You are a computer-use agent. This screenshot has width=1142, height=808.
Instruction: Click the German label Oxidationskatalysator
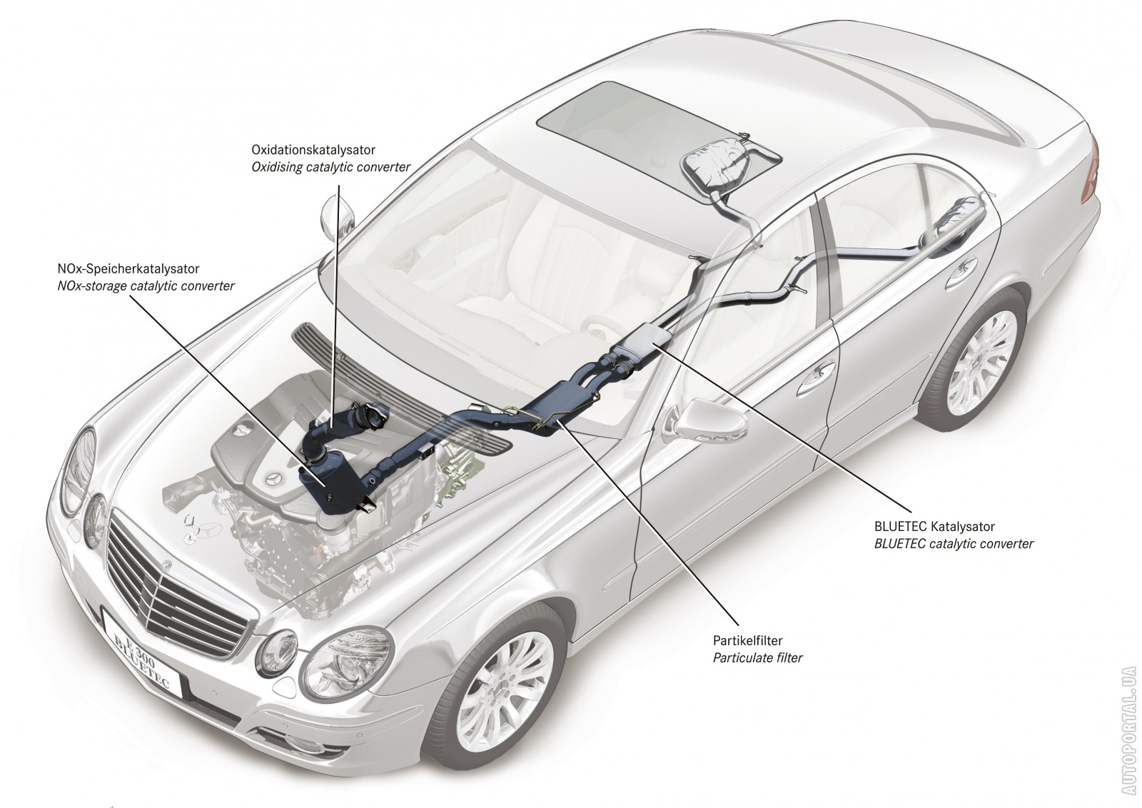coord(313,150)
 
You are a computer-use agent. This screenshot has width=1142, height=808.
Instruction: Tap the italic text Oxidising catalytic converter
coord(330,167)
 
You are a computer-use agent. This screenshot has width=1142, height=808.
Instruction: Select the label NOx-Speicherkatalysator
coord(128,269)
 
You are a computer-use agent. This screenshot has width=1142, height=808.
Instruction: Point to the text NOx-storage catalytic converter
coord(146,286)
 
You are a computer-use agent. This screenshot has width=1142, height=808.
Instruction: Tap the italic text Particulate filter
coord(758,657)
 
